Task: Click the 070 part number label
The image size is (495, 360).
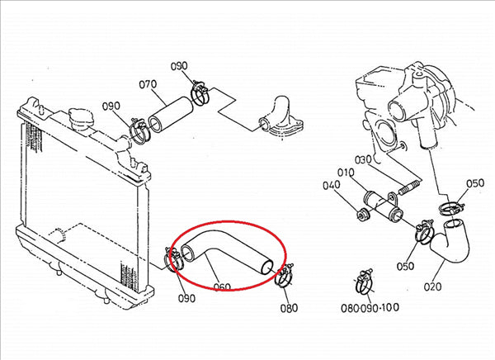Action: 148,85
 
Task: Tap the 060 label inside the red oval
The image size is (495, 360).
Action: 222,287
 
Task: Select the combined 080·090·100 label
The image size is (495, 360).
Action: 370,307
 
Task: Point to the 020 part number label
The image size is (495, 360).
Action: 432,287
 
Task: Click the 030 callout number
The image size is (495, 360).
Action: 363,160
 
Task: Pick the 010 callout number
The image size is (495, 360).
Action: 346,173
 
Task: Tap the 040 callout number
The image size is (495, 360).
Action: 331,185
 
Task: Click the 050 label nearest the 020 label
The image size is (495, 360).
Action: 405,266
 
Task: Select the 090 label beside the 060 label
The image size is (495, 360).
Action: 186,298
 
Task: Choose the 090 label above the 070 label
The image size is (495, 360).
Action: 179,66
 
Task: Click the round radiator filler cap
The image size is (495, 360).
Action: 81,119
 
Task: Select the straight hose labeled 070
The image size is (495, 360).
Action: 171,115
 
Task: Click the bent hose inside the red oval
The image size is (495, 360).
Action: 227,252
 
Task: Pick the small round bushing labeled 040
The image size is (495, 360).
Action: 362,215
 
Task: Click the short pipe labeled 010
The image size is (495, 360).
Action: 382,206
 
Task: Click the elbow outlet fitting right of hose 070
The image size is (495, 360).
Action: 280,117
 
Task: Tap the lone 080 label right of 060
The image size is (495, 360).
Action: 289,307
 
